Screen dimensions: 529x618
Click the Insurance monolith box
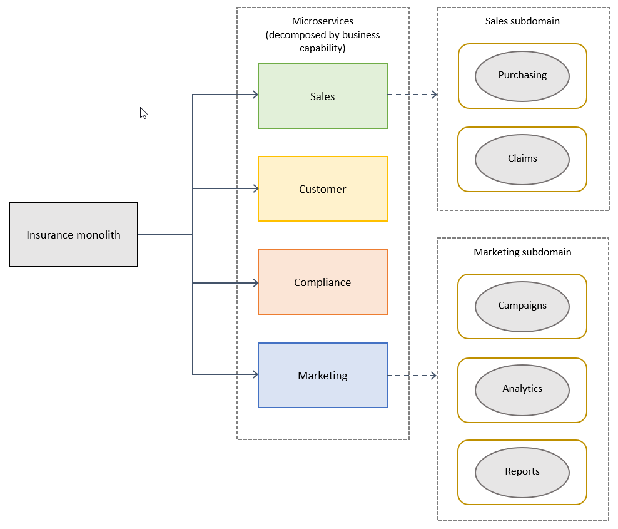point(73,235)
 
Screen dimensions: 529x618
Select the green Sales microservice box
point(322,96)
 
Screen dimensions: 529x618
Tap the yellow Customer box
point(322,189)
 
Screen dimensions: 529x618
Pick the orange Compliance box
point(322,282)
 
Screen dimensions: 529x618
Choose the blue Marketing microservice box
point(322,376)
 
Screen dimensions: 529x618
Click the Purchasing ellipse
point(522,76)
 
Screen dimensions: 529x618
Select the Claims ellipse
point(522,159)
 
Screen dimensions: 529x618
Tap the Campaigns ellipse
point(522,306)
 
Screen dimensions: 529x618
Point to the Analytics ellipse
point(522,389)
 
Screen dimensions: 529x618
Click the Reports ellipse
point(522,472)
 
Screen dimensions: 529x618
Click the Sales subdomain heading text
point(522,21)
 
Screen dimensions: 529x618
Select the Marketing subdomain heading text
point(522,252)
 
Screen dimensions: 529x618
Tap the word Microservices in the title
point(322,21)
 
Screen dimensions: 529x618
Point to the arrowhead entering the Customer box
point(255,188)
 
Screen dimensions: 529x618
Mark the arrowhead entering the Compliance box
point(255,283)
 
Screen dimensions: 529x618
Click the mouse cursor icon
point(143,113)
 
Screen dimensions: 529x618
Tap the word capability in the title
point(322,48)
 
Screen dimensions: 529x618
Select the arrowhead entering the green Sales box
point(255,95)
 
